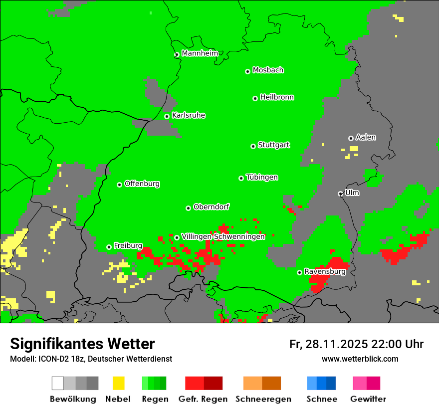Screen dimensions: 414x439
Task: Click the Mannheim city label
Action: click(x=200, y=53)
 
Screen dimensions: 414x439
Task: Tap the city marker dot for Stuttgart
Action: click(x=253, y=146)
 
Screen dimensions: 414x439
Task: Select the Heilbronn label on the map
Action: click(x=277, y=97)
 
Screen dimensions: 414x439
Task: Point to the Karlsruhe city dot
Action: click(x=167, y=116)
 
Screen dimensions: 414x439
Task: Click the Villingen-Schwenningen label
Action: click(x=223, y=236)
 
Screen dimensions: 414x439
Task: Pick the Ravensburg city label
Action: click(x=325, y=271)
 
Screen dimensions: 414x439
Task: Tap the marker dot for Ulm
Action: click(x=340, y=194)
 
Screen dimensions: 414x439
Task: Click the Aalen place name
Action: click(x=366, y=137)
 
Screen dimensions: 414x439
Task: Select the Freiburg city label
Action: click(x=128, y=246)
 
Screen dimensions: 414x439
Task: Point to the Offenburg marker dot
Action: click(x=120, y=185)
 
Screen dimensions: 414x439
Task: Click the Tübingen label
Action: click(x=262, y=178)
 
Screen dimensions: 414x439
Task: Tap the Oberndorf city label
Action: click(x=212, y=207)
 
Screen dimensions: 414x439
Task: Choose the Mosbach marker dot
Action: click(x=247, y=71)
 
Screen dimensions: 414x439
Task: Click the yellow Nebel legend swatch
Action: click(x=118, y=383)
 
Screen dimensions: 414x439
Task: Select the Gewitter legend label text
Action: click(x=368, y=399)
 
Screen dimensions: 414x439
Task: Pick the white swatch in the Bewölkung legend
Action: click(x=57, y=383)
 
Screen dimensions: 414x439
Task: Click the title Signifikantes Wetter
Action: click(x=82, y=344)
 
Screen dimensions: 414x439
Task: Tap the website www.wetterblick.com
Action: click(x=360, y=359)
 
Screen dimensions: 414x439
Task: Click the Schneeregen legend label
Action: click(x=263, y=399)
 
